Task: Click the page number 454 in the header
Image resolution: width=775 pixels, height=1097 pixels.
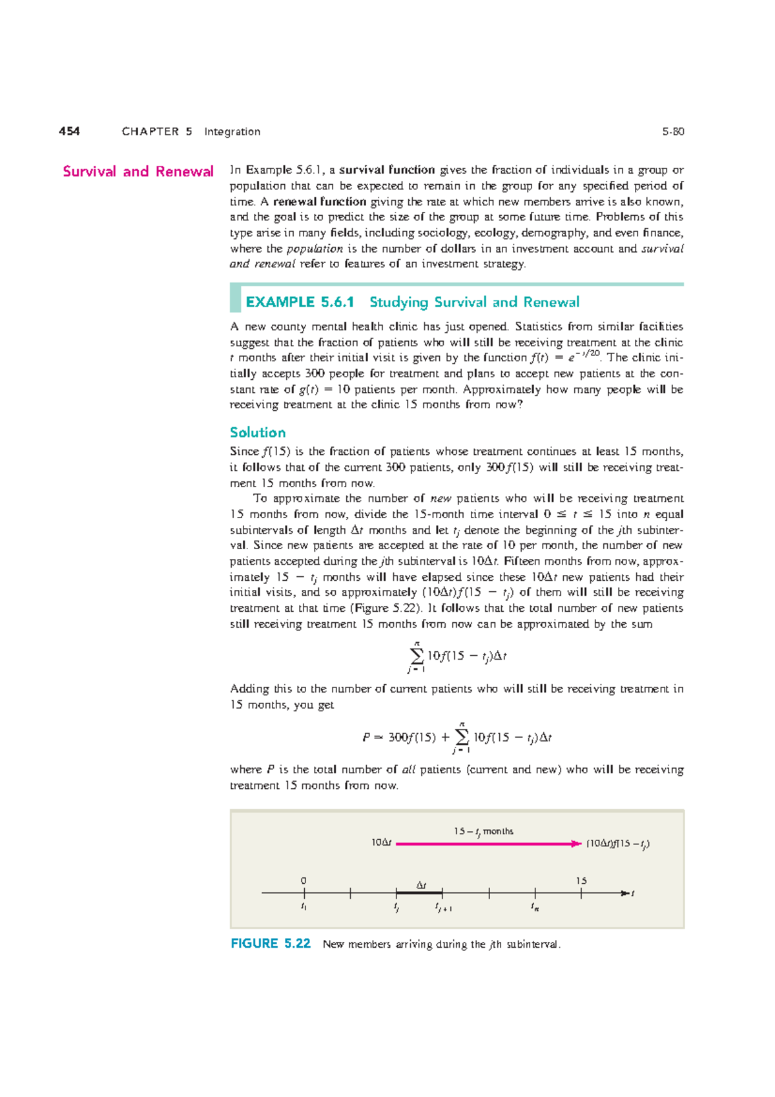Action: pos(69,131)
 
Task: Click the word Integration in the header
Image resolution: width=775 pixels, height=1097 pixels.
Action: pos(232,132)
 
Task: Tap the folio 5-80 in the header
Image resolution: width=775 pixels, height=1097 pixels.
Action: pos(672,132)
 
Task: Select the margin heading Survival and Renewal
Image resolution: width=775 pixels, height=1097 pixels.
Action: pos(138,171)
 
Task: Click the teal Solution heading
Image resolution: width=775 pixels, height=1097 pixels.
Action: pos(257,432)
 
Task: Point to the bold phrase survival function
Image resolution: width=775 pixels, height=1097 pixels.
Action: pos(387,170)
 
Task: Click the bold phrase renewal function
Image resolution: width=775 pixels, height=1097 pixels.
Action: pos(320,202)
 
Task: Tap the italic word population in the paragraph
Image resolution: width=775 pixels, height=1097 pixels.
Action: pos(315,249)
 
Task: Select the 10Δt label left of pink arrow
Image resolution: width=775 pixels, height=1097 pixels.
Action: pos(381,842)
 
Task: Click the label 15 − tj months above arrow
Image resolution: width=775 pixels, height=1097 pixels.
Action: pos(483,831)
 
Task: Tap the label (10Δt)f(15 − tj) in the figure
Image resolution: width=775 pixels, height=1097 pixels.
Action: pos(617,844)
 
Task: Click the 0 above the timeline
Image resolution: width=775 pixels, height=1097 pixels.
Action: pos(304,881)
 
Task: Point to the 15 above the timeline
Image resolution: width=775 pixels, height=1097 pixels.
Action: pos(581,881)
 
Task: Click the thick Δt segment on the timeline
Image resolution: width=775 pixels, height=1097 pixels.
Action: pos(419,893)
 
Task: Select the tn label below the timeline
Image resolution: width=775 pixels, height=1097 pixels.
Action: pos(535,907)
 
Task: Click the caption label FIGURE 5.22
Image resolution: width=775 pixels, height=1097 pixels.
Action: pos(270,943)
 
